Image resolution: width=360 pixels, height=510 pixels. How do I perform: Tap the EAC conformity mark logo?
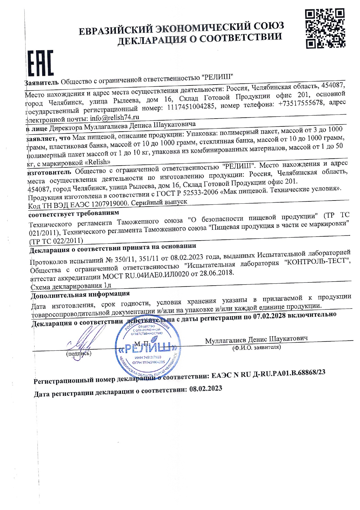[40, 63]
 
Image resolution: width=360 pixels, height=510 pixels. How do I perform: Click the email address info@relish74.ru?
[114, 118]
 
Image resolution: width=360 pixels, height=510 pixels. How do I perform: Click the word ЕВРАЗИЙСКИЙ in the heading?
[116, 30]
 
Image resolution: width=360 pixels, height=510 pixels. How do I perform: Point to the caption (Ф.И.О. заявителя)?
[256, 347]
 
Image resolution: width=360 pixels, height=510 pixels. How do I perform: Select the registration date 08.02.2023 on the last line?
[206, 389]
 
